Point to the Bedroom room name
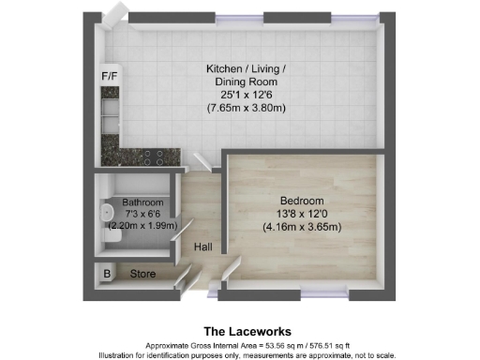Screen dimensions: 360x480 301,201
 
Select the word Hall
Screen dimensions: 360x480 202,247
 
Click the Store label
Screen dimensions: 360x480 142,275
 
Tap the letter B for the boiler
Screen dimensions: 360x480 107,275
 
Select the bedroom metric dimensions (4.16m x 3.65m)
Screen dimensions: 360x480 301,226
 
